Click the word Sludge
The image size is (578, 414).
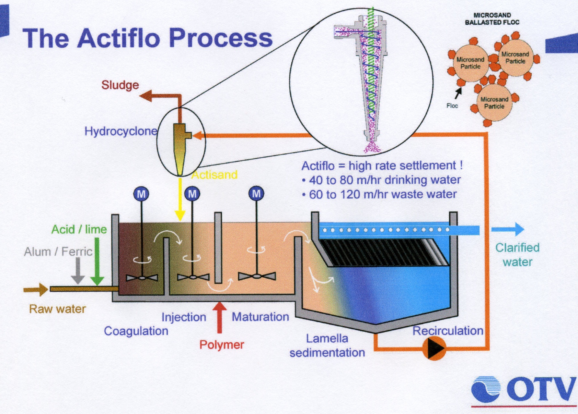click(x=120, y=85)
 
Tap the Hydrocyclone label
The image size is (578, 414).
click(x=121, y=131)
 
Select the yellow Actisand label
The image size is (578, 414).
click(x=214, y=175)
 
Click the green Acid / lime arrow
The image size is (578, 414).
click(x=97, y=263)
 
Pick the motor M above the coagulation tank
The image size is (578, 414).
click(x=141, y=194)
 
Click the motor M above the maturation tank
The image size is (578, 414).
click(x=256, y=194)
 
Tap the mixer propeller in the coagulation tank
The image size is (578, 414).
click(x=142, y=277)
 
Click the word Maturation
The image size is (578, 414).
click(x=260, y=317)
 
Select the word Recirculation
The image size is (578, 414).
click(x=448, y=331)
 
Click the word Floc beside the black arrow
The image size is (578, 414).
click(x=452, y=106)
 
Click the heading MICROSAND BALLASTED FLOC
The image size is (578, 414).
click(x=492, y=19)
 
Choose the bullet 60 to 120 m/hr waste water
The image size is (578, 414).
click(x=382, y=194)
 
